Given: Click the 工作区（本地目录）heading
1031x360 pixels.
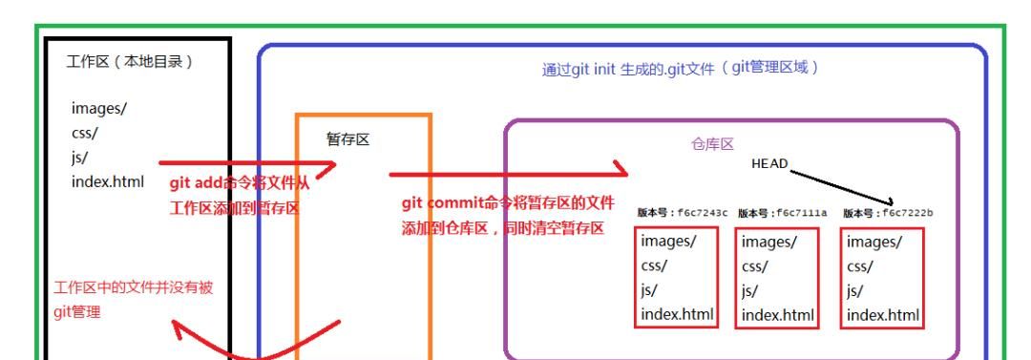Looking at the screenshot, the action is pos(130,63).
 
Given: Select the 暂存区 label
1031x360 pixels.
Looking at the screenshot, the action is pos(347,139).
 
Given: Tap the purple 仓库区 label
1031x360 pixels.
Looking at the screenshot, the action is pos(711,144).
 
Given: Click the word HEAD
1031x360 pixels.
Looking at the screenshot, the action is pos(769,163).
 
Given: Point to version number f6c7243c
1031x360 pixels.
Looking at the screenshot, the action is pos(682,212).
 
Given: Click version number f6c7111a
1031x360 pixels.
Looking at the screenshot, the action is pos(782,212).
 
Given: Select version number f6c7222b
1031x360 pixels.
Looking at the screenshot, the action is pos(887,212).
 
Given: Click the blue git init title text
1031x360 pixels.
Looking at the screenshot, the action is pos(681,70).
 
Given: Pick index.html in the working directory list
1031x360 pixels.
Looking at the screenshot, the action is pos(108,181).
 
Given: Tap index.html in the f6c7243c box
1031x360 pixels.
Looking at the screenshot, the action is pos(678,314).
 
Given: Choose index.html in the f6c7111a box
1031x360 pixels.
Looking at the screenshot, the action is pos(778,314).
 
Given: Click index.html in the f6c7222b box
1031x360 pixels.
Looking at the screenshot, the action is pos(883,314).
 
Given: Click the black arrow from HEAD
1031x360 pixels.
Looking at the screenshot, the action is pos(840,183).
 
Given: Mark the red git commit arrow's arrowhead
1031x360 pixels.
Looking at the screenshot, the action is pos(622,173).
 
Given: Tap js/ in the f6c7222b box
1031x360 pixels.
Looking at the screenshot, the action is pos(856,290).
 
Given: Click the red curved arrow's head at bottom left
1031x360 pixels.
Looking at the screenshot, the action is pos(178,329).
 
